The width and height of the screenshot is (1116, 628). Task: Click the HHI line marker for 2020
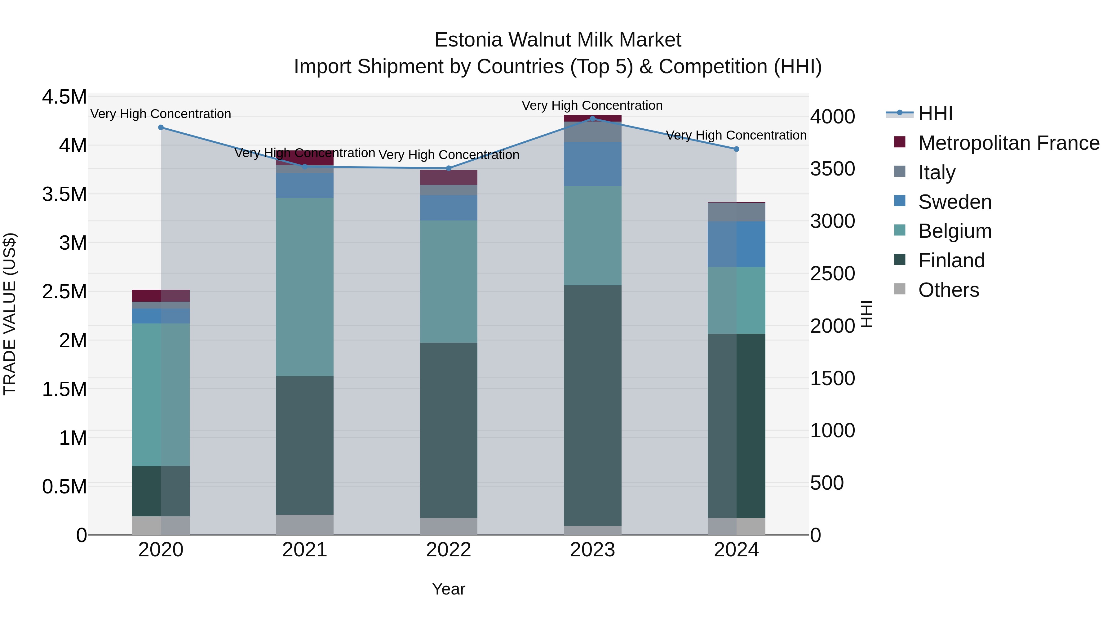(161, 127)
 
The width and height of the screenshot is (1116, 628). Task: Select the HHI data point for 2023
(593, 118)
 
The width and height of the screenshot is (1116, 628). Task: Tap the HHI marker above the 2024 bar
(737, 149)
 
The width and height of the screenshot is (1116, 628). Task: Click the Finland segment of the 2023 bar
(593, 405)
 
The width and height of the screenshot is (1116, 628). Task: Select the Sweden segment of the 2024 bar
(737, 244)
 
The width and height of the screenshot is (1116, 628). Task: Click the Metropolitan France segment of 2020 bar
(161, 296)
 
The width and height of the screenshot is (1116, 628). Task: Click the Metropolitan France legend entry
(1008, 143)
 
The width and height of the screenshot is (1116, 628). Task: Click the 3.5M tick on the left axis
(64, 194)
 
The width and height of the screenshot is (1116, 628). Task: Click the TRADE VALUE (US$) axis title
(10, 314)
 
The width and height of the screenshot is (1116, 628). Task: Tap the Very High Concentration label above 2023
(592, 106)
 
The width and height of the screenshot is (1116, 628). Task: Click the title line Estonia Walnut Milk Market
(558, 40)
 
